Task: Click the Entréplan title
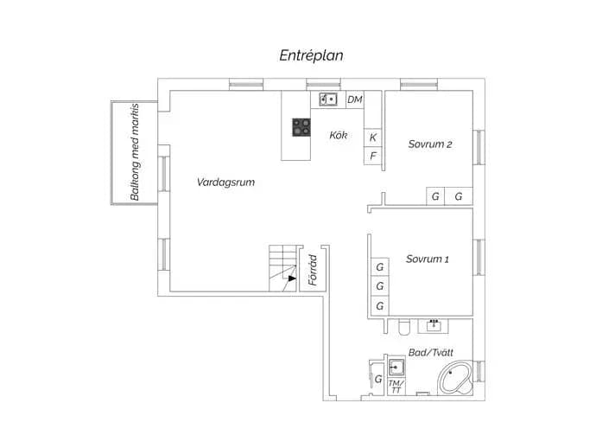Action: pyautogui.click(x=311, y=55)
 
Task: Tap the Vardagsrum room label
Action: pyautogui.click(x=225, y=182)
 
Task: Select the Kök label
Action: pyautogui.click(x=339, y=135)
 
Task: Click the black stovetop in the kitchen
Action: pyautogui.click(x=301, y=127)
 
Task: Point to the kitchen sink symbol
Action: pyautogui.click(x=328, y=99)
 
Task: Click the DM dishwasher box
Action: pyautogui.click(x=355, y=99)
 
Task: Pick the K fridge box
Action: pyautogui.click(x=373, y=138)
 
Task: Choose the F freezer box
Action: pyautogui.click(x=373, y=156)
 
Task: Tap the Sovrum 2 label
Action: pyautogui.click(x=430, y=144)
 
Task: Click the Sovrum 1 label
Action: pyautogui.click(x=428, y=259)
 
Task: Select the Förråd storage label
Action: pyautogui.click(x=313, y=270)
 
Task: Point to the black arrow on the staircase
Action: pyautogui.click(x=292, y=278)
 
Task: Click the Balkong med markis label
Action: pyautogui.click(x=135, y=152)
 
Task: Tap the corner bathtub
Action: pyautogui.click(x=455, y=378)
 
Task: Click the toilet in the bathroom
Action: pyautogui.click(x=403, y=327)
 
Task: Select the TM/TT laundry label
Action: pyautogui.click(x=396, y=387)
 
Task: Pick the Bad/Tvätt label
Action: pyautogui.click(x=431, y=353)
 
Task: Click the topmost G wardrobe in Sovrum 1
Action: pyautogui.click(x=380, y=267)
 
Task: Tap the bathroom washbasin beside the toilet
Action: pyautogui.click(x=434, y=326)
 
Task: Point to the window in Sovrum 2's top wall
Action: pyautogui.click(x=419, y=84)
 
